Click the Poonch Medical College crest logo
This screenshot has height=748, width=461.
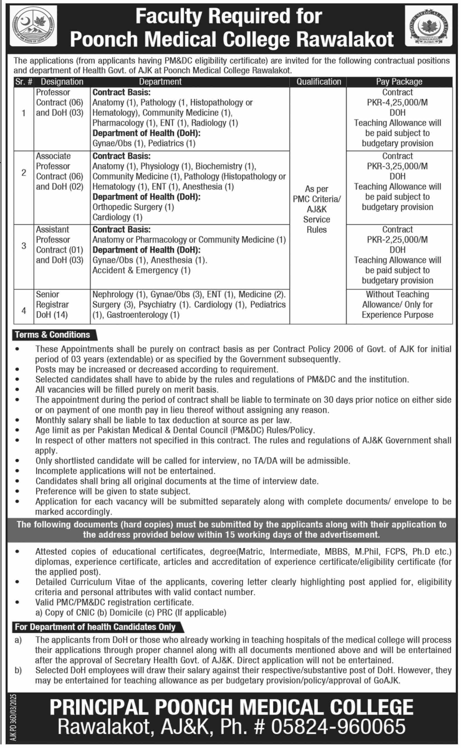(x=428, y=26)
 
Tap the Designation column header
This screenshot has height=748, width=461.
(x=62, y=82)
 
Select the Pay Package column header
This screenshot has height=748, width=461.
(x=399, y=82)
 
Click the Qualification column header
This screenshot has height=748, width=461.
(x=319, y=82)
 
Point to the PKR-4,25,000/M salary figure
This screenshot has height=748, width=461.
(x=397, y=102)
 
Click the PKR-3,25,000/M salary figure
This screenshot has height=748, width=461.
(x=397, y=166)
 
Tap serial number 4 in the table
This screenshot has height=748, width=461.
(x=24, y=310)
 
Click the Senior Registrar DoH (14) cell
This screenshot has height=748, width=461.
(x=52, y=305)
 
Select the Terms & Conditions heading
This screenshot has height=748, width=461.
(x=52, y=334)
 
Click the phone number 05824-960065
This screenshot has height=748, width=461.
(x=338, y=727)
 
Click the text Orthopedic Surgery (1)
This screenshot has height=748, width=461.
(x=133, y=207)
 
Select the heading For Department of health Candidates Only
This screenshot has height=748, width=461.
(x=95, y=627)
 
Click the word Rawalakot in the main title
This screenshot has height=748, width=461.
(x=345, y=40)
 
